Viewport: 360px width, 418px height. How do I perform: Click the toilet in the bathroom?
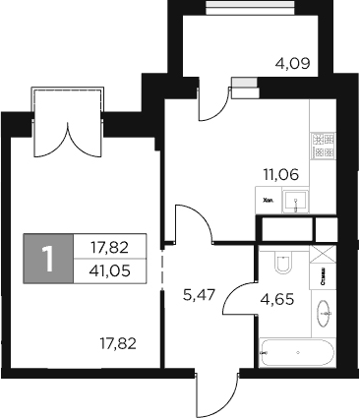[x=281, y=266]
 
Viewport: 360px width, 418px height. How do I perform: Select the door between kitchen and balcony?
[x=213, y=98]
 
